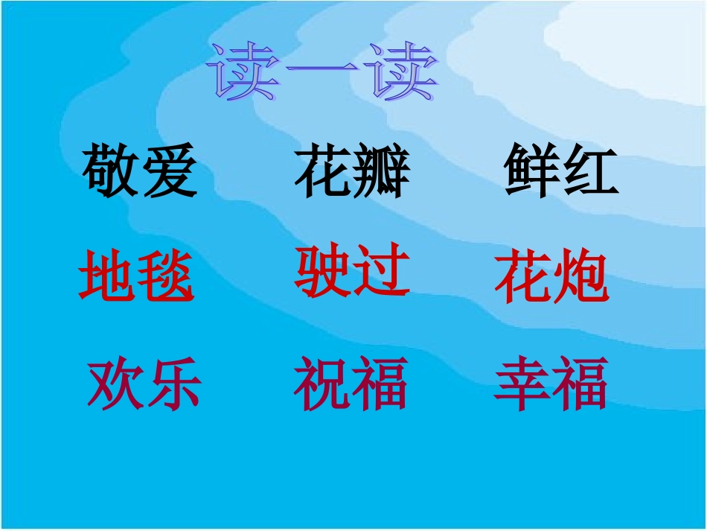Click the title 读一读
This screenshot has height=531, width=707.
322,72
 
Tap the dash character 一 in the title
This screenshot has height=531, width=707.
322,74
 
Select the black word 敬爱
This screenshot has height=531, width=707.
140,172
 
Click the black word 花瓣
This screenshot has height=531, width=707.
353,172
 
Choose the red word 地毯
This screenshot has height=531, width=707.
136,276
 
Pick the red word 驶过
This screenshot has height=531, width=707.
352,271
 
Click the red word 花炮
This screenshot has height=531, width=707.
551,277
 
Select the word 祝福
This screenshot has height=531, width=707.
351,383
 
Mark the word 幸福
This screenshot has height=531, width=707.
551,383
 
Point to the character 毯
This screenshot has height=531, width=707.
165,277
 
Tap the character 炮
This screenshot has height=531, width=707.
580,278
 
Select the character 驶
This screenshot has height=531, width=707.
323,271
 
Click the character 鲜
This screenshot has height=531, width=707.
532,171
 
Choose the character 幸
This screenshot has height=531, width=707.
522,383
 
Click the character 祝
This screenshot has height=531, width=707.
322,383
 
